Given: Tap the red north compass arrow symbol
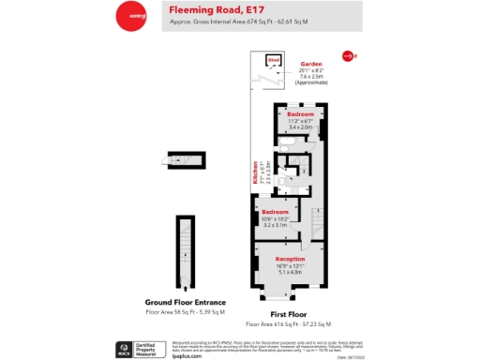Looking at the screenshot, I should (349, 56).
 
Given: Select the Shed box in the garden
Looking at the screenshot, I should (274, 62).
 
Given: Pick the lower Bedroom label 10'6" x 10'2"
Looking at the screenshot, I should (276, 218).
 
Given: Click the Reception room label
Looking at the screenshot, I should (290, 258).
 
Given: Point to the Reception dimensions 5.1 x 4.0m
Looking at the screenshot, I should (290, 271).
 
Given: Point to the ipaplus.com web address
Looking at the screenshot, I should (187, 355).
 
